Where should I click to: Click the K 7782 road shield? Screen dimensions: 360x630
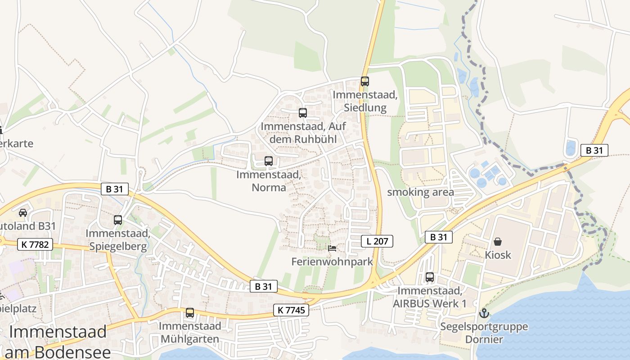coord(35,245)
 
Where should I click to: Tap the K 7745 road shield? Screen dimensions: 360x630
coord(291,310)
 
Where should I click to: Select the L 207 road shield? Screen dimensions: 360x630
coord(377,241)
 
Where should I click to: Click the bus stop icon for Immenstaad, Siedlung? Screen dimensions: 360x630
coord(364,81)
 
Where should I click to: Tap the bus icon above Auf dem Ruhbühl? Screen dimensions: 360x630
coord(303,113)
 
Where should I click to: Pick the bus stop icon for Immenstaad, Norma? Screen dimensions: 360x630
coord(269,161)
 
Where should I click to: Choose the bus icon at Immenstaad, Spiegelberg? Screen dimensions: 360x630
coord(118,220)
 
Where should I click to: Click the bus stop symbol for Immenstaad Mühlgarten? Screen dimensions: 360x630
coord(190,312)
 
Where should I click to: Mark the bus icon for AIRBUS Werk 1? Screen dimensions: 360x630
coord(430,277)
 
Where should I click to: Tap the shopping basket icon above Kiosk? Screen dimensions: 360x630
coord(498,242)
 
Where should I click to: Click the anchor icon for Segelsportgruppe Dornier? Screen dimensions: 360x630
coord(484,313)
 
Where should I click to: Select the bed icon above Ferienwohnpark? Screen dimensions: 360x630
coord(332,248)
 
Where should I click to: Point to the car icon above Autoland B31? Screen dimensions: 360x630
coord(23,212)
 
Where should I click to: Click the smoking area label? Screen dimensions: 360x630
coord(420,192)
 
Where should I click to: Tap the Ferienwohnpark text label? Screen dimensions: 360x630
coord(332,261)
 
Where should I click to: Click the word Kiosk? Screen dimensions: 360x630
coord(498,255)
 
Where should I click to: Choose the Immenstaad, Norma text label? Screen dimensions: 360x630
coord(269,180)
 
